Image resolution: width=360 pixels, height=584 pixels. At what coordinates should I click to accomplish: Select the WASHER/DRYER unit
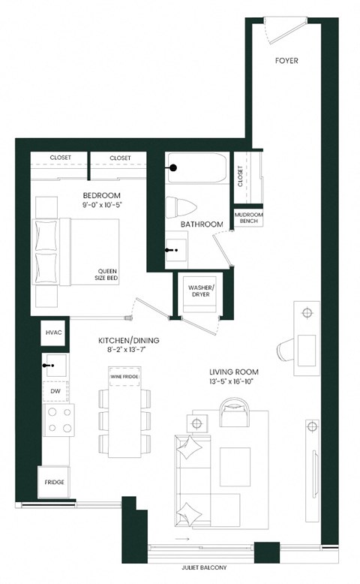pos(201,290)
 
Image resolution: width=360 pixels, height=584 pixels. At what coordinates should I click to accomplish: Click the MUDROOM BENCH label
pos(247,218)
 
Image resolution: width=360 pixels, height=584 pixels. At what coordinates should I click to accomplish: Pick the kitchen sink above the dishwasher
pos(55,365)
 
